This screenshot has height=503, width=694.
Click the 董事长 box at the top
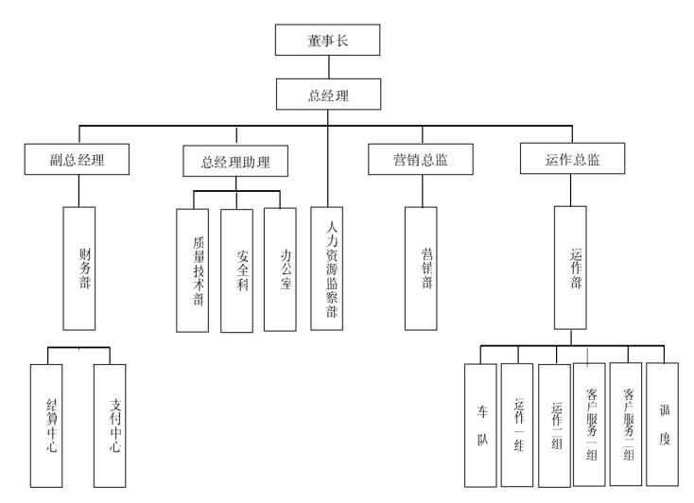327,41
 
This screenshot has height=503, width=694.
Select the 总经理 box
327,94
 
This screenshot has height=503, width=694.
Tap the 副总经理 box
78,160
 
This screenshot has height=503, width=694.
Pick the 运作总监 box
573,160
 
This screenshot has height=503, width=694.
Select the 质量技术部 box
193,269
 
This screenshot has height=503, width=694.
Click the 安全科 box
236,270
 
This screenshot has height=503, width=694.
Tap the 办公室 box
282,269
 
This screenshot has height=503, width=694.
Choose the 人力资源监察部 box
327,269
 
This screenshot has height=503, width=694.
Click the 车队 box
481,425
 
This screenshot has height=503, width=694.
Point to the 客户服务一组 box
589,425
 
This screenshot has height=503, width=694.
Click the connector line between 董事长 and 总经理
327,66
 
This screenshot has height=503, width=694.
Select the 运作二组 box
553,425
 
